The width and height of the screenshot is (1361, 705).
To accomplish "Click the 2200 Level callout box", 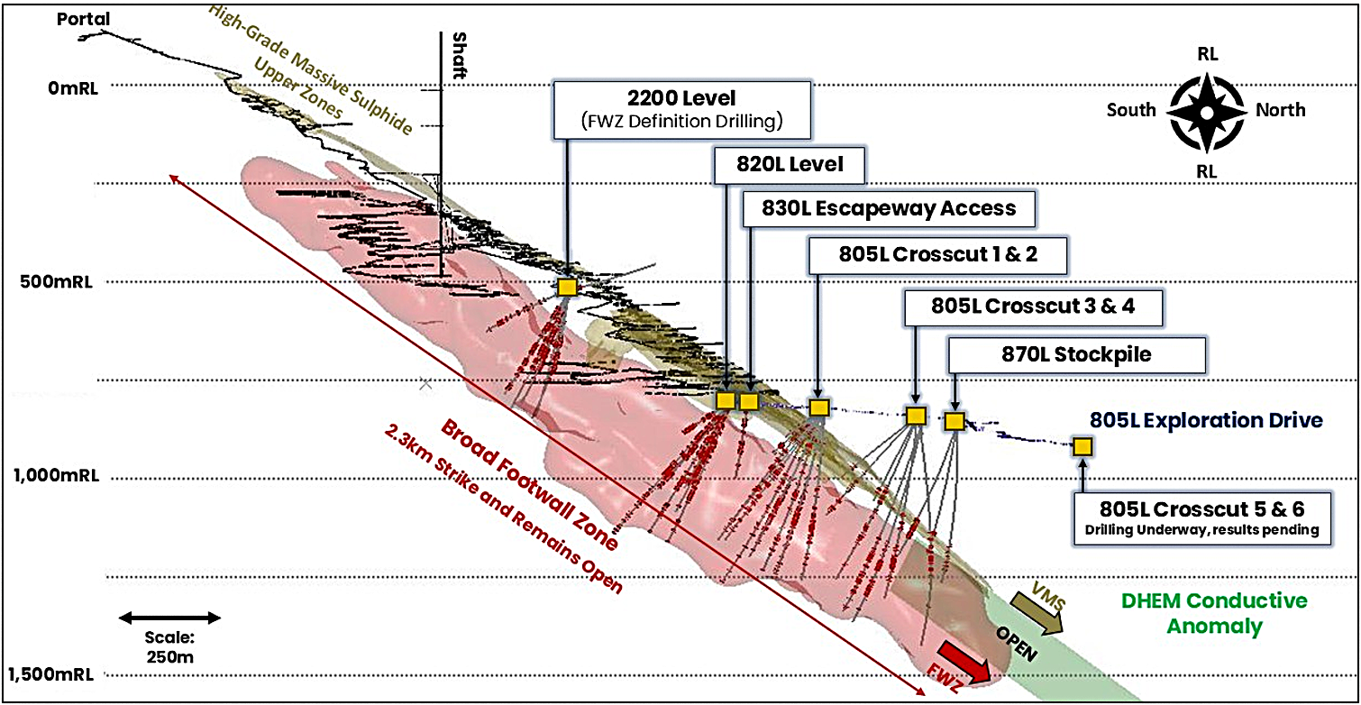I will (x=683, y=108).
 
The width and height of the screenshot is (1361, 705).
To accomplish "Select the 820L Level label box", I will (x=790, y=165).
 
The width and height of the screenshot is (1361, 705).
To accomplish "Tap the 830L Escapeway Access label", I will (x=887, y=209).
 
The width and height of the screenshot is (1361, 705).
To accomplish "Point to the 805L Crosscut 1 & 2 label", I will (x=938, y=254).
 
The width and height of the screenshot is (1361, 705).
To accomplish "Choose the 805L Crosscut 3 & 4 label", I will (x=1033, y=306).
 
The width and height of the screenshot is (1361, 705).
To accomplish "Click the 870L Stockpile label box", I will (x=1076, y=354).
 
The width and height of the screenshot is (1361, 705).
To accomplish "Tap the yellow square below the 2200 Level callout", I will (x=566, y=288).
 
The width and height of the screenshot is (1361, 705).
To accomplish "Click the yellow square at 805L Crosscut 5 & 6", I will (x=1082, y=446).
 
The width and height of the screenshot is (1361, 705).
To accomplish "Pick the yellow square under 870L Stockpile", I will (x=955, y=420).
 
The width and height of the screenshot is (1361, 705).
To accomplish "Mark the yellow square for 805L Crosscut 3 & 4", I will (x=916, y=416).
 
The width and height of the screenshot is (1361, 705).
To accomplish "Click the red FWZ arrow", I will (x=964, y=662).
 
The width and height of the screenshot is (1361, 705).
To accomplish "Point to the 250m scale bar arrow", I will (x=170, y=618).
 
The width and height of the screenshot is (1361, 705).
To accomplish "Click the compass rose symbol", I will (x=1207, y=110).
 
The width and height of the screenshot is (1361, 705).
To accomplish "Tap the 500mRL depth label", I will (x=61, y=279).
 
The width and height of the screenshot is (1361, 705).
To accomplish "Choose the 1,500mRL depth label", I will (x=52, y=674).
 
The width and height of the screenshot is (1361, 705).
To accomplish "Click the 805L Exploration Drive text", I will (x=1206, y=420).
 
